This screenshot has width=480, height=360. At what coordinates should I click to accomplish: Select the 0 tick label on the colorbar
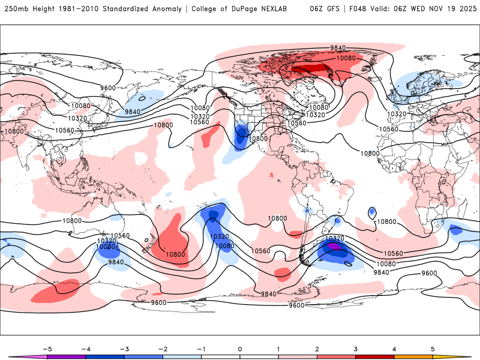pos(239,349)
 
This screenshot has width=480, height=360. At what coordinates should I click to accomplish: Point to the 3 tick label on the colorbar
pos(355,349)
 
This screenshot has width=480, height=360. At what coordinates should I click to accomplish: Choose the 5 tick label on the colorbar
pos(433,349)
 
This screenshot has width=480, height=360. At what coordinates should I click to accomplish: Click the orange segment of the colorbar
pos(413,356)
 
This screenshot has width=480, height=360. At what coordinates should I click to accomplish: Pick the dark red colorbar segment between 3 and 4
pos(374,356)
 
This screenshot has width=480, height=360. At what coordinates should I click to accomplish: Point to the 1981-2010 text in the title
pos(71,9)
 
